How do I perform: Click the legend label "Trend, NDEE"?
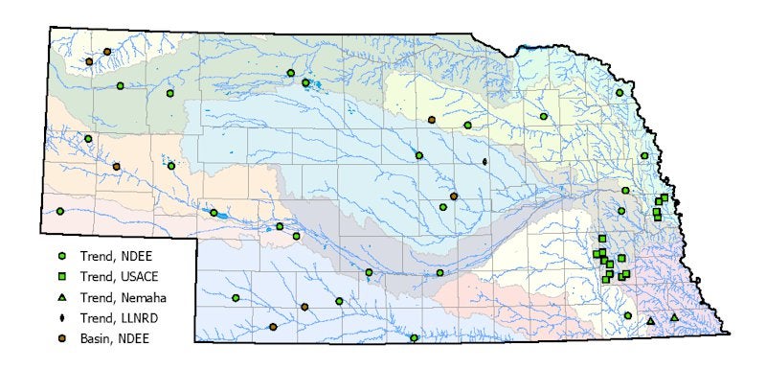coord(112,256)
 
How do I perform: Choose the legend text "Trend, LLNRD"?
coord(115,317)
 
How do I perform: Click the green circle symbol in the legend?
coord(61,256)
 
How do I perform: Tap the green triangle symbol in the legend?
coord(61,297)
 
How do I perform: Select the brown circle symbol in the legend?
coord(61,338)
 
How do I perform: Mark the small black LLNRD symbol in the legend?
coord(61,317)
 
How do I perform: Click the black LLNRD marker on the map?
coord(485,161)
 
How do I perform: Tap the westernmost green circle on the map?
coord(59,211)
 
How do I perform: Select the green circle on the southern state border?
coord(414,337)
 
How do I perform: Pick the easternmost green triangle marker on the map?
coord(674,317)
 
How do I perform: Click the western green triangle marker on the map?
coord(651,321)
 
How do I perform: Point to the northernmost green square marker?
coord(664,197)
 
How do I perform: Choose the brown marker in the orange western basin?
coord(116,167)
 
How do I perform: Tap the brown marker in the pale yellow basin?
coord(432,120)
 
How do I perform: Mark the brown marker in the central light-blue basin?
coord(453,196)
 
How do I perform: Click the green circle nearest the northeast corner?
coord(620,93)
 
